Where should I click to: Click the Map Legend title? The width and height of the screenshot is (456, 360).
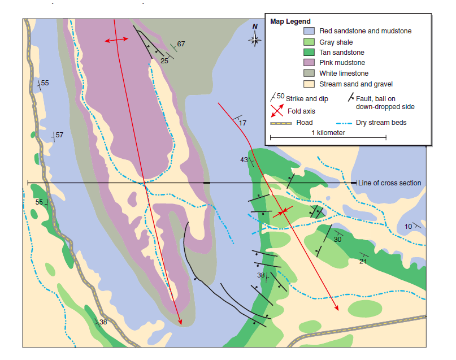(290, 21)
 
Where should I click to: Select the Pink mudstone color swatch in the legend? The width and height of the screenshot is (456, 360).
(309, 63)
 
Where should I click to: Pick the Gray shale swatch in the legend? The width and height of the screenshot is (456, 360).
(309, 42)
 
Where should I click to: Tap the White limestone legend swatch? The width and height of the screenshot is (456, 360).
(309, 73)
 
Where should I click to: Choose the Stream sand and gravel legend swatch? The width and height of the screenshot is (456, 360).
(309, 84)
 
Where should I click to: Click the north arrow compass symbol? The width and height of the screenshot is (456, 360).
(255, 37)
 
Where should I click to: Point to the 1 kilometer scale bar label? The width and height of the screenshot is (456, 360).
(328, 133)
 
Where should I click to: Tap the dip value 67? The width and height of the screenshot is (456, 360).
(181, 44)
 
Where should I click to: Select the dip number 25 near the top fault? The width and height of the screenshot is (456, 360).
(164, 60)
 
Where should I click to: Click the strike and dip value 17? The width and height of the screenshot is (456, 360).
(243, 123)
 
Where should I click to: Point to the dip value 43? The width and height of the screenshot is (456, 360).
(244, 160)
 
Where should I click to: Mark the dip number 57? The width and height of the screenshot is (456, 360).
(59, 135)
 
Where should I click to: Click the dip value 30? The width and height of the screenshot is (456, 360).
(337, 239)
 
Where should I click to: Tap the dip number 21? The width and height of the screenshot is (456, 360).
(363, 261)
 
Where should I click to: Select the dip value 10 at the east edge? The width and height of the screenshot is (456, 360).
(409, 227)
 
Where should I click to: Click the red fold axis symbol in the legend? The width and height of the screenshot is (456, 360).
(277, 110)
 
